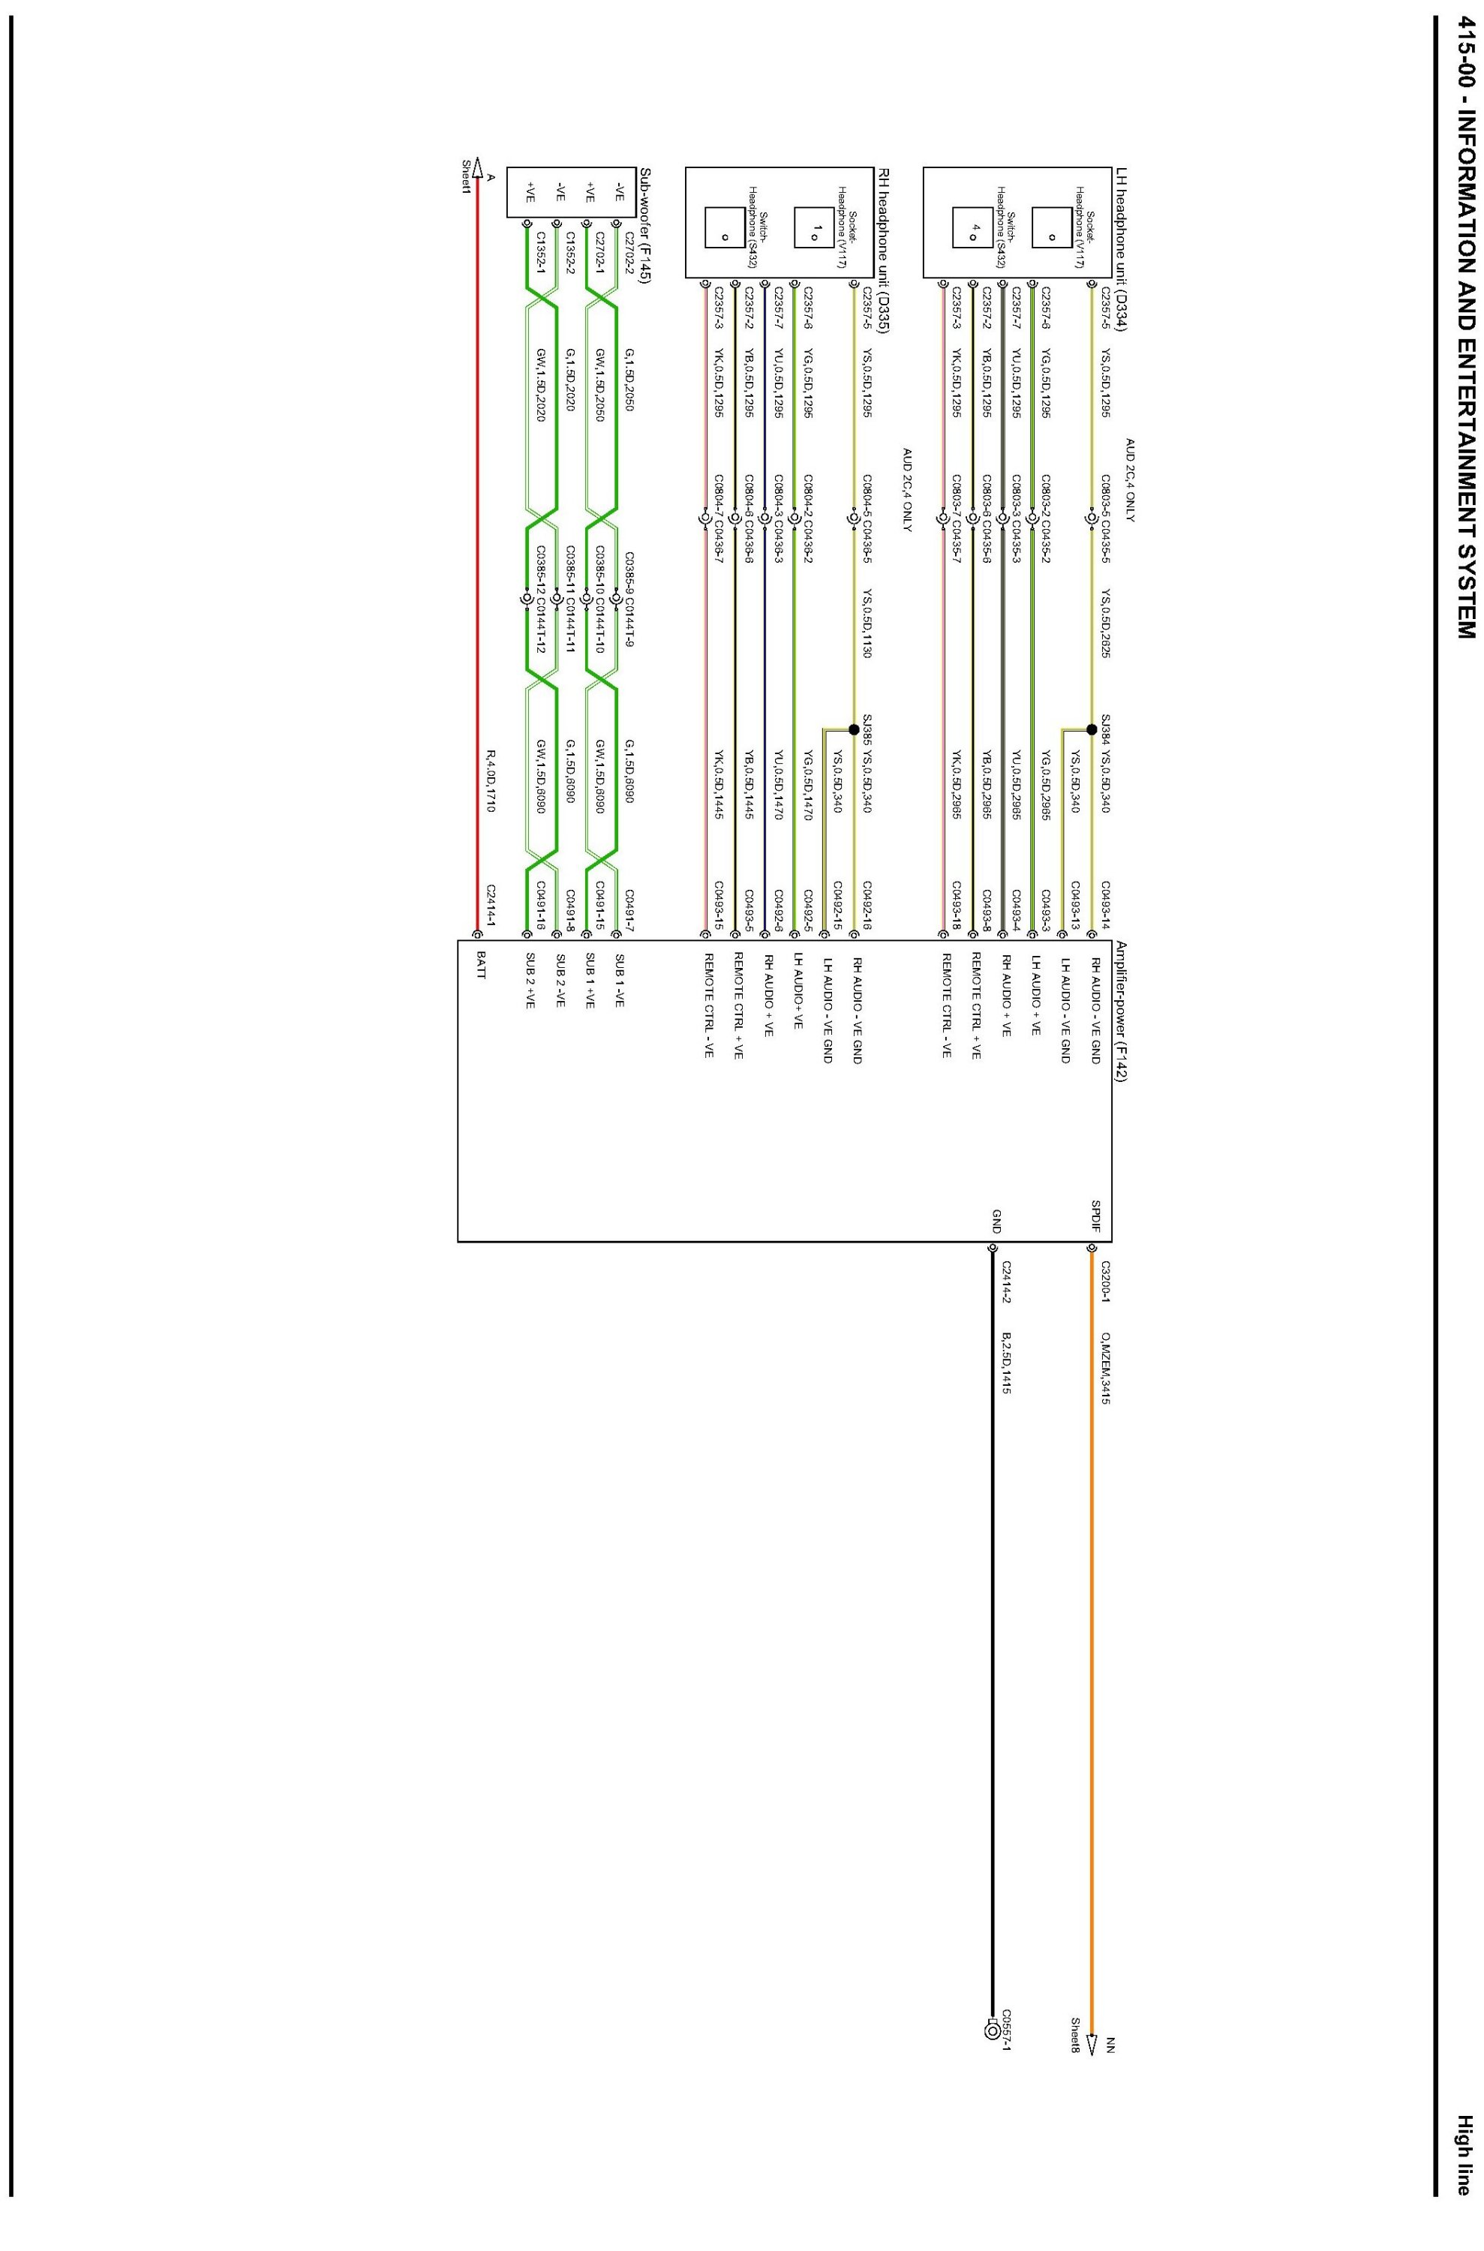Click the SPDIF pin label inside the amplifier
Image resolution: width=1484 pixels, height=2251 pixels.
1095,1217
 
